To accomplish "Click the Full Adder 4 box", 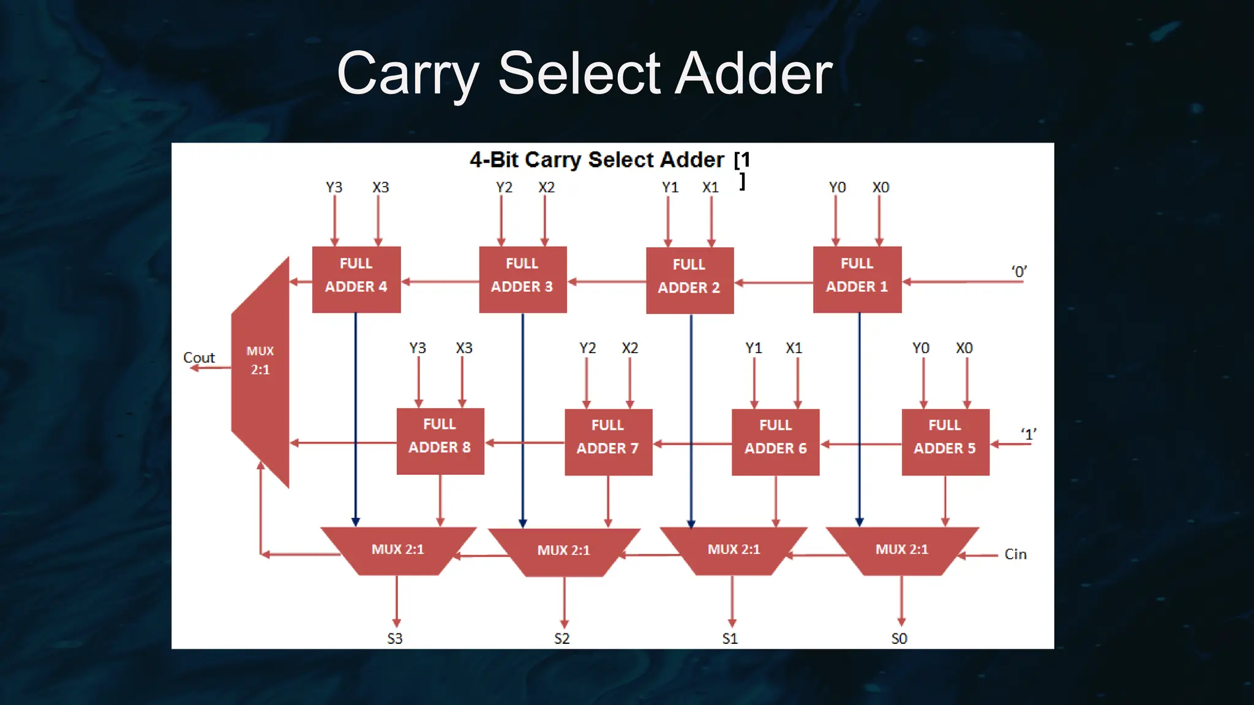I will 356,280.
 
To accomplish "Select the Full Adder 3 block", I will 522,280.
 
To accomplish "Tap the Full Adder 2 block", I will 689,280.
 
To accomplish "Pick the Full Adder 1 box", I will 857,280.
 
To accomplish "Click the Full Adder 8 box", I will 440,441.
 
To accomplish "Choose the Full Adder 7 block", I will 608,442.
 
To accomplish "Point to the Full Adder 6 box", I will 775,442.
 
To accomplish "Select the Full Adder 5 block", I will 945,442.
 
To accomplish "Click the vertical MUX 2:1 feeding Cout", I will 260,367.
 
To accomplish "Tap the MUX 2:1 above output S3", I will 397,550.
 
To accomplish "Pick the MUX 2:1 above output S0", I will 902,550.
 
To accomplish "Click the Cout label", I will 199,357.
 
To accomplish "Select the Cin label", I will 1015,554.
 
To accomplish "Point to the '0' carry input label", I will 1019,271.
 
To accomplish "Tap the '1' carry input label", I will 1029,434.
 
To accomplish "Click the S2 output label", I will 562,638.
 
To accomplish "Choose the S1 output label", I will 730,638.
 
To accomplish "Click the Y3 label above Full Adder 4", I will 334,187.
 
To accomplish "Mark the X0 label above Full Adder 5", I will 964,348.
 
